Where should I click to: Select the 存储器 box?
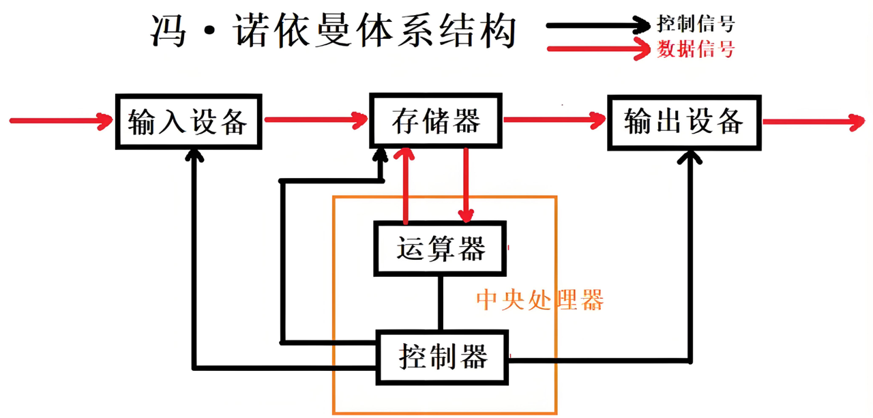(436, 121)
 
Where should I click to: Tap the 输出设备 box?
(683, 123)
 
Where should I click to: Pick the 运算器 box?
(440, 248)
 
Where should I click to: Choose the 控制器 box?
(443, 356)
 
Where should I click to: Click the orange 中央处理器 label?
(539, 300)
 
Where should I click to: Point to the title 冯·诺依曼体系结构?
(332, 31)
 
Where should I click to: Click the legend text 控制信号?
(696, 25)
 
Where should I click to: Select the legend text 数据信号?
(696, 49)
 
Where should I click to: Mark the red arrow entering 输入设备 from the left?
(61, 121)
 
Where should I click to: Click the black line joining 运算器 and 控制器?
(441, 303)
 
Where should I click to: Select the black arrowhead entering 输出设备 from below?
(690, 158)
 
